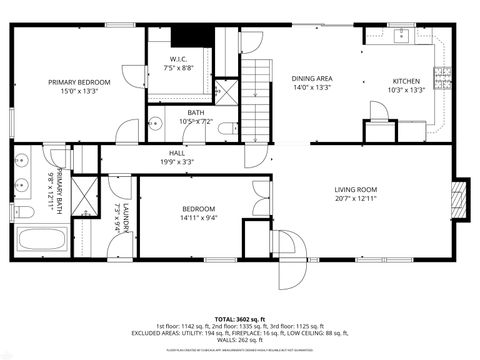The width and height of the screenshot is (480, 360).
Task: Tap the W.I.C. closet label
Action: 180,59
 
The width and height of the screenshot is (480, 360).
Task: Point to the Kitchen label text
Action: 406,80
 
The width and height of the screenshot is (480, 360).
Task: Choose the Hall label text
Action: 176,153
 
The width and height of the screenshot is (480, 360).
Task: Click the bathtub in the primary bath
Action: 41,241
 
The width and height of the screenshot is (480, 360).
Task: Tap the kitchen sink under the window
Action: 403,37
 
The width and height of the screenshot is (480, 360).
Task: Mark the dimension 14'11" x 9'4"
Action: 198,217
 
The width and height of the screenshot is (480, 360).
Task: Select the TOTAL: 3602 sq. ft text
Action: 240,317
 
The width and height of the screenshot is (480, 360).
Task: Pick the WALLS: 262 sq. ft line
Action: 240,339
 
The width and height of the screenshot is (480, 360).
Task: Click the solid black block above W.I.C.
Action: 191,37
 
